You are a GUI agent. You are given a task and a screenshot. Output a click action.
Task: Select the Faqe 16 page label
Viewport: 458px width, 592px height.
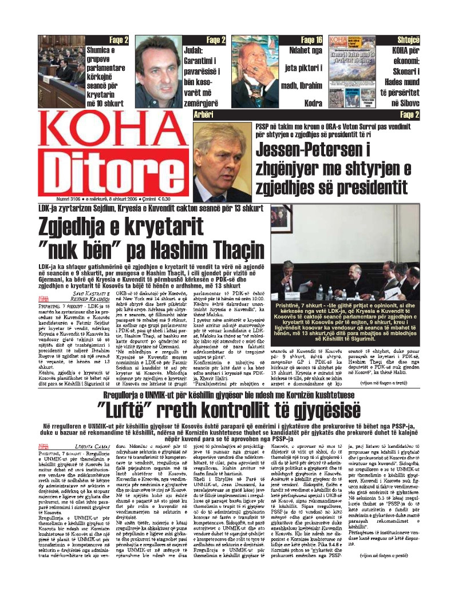click(311, 40)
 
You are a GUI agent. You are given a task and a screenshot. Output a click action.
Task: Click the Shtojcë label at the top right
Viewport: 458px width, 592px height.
click(408, 40)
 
